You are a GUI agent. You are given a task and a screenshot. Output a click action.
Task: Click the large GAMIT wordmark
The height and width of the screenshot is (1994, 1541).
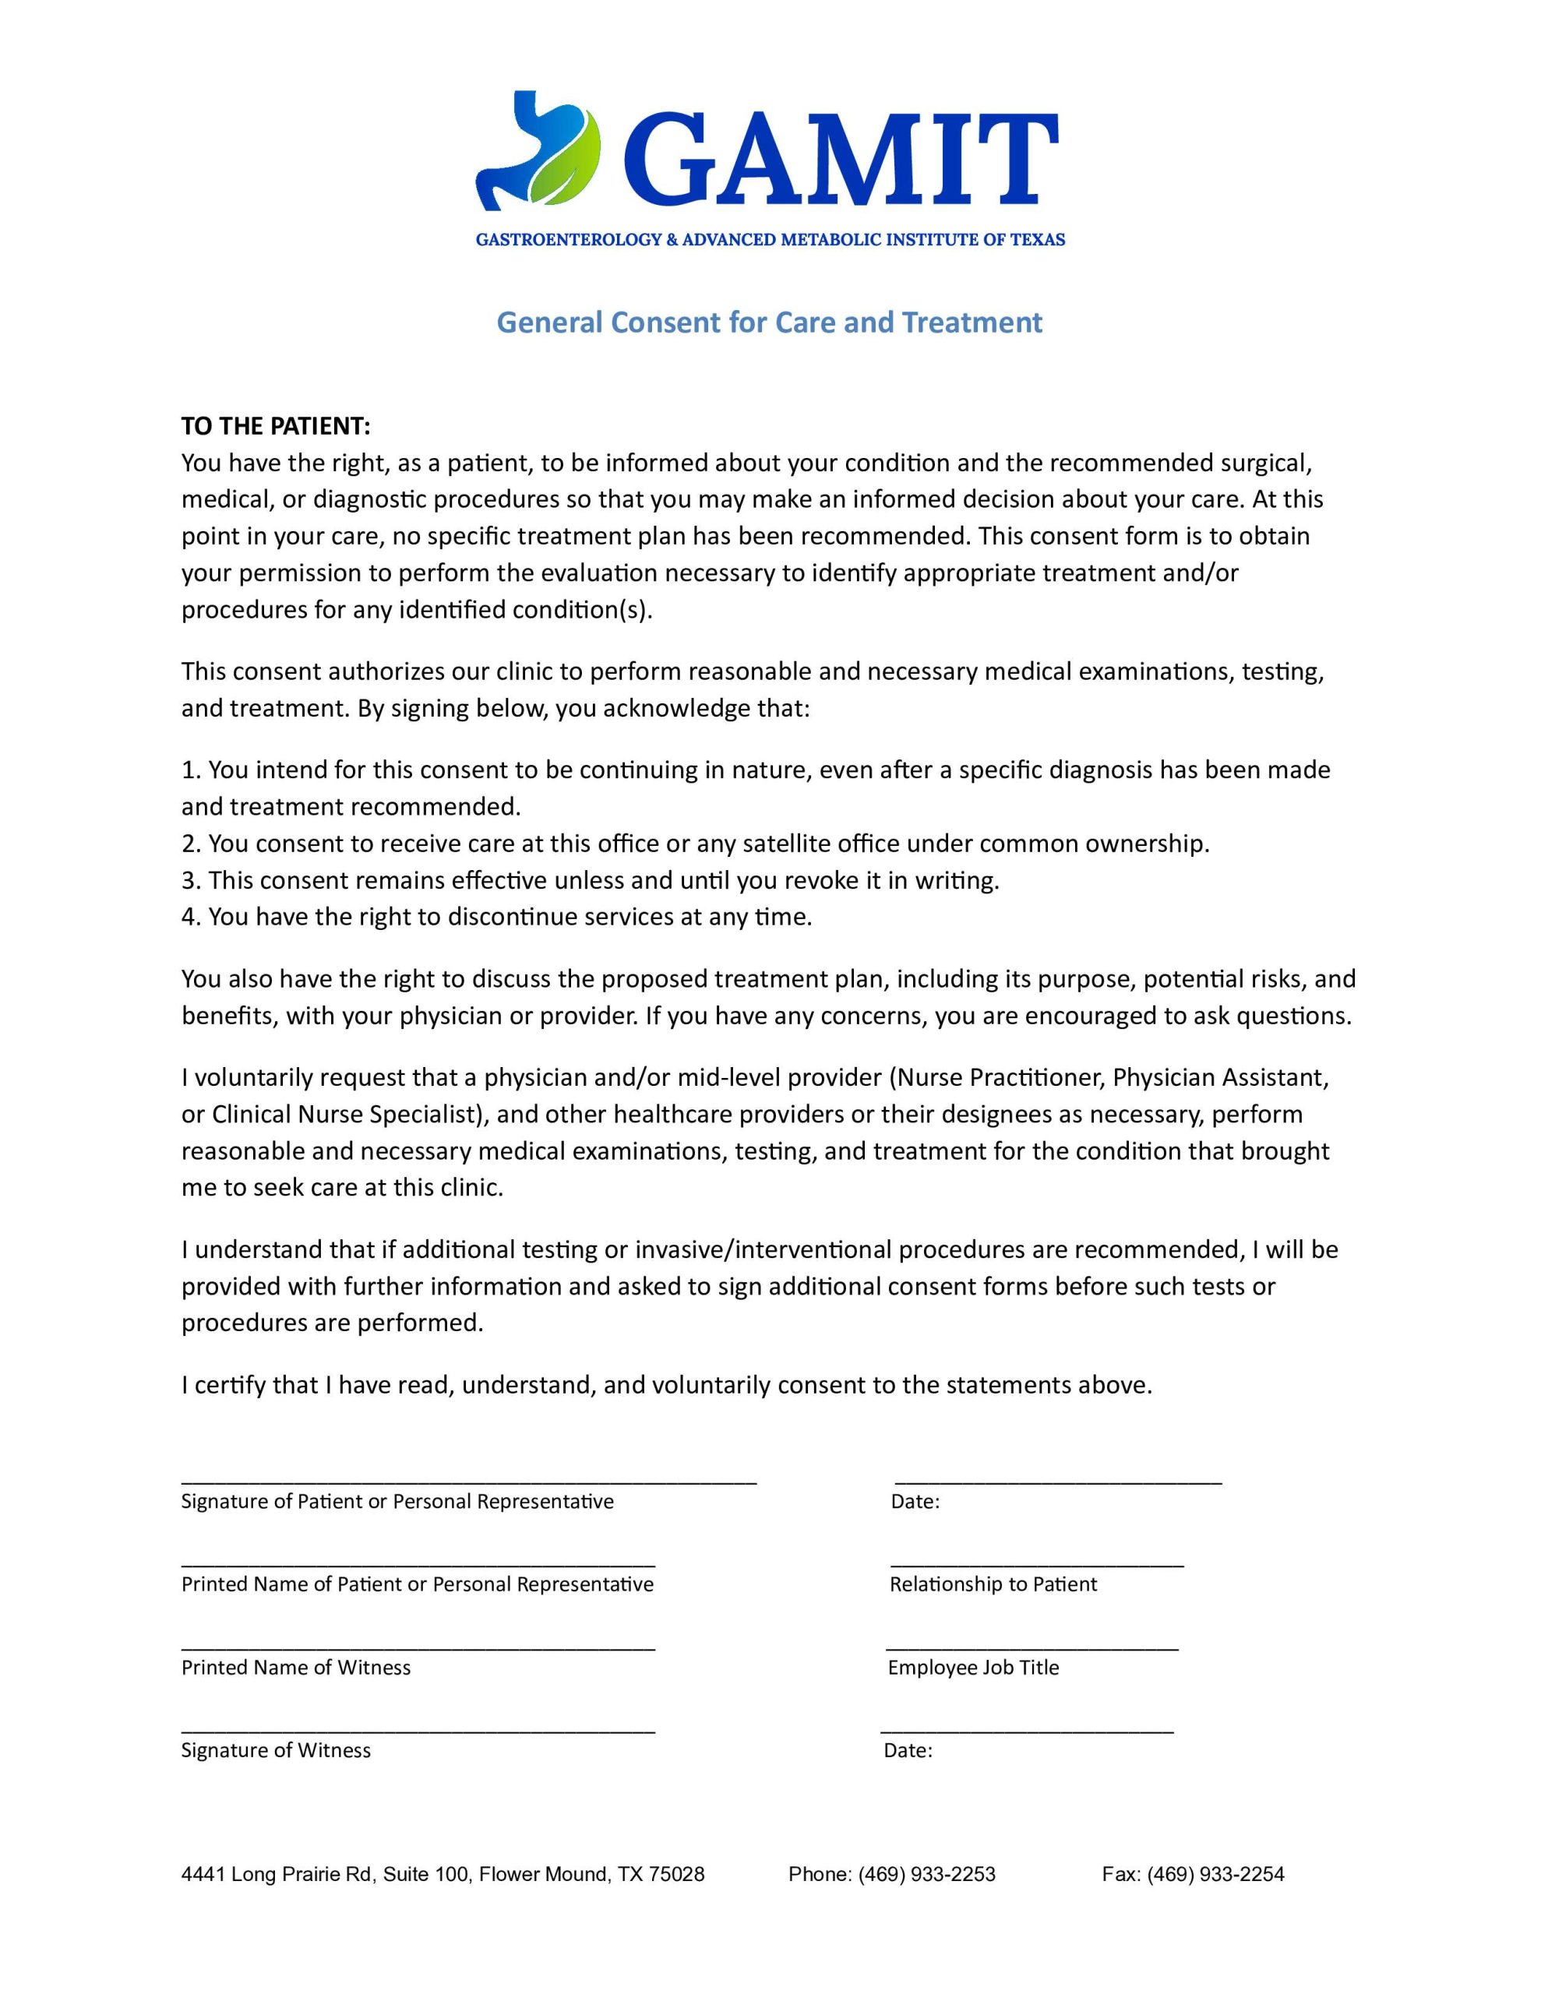pos(840,159)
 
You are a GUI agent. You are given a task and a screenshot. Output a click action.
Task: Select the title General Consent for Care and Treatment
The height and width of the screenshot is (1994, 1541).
pos(769,322)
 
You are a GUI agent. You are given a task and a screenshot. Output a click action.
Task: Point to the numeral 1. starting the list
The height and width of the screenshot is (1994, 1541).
pos(190,770)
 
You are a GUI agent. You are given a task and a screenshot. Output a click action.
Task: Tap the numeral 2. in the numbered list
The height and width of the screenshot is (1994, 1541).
pos(190,843)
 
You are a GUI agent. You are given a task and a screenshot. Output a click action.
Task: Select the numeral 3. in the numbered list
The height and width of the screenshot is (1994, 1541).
pos(190,880)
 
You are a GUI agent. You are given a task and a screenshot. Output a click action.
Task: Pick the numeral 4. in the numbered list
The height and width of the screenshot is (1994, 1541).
pos(190,917)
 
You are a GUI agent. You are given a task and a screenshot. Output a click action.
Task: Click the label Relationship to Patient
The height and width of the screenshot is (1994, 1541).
pos(993,1584)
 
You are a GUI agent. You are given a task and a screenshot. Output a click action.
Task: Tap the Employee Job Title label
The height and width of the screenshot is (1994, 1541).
pos(973,1667)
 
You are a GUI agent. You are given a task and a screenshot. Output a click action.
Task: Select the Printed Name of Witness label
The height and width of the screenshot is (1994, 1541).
pos(296,1667)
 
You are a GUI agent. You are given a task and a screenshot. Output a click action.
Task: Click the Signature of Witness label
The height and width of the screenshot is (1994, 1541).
pos(276,1750)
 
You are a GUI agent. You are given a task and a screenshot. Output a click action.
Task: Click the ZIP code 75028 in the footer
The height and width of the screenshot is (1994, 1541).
pos(676,1874)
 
